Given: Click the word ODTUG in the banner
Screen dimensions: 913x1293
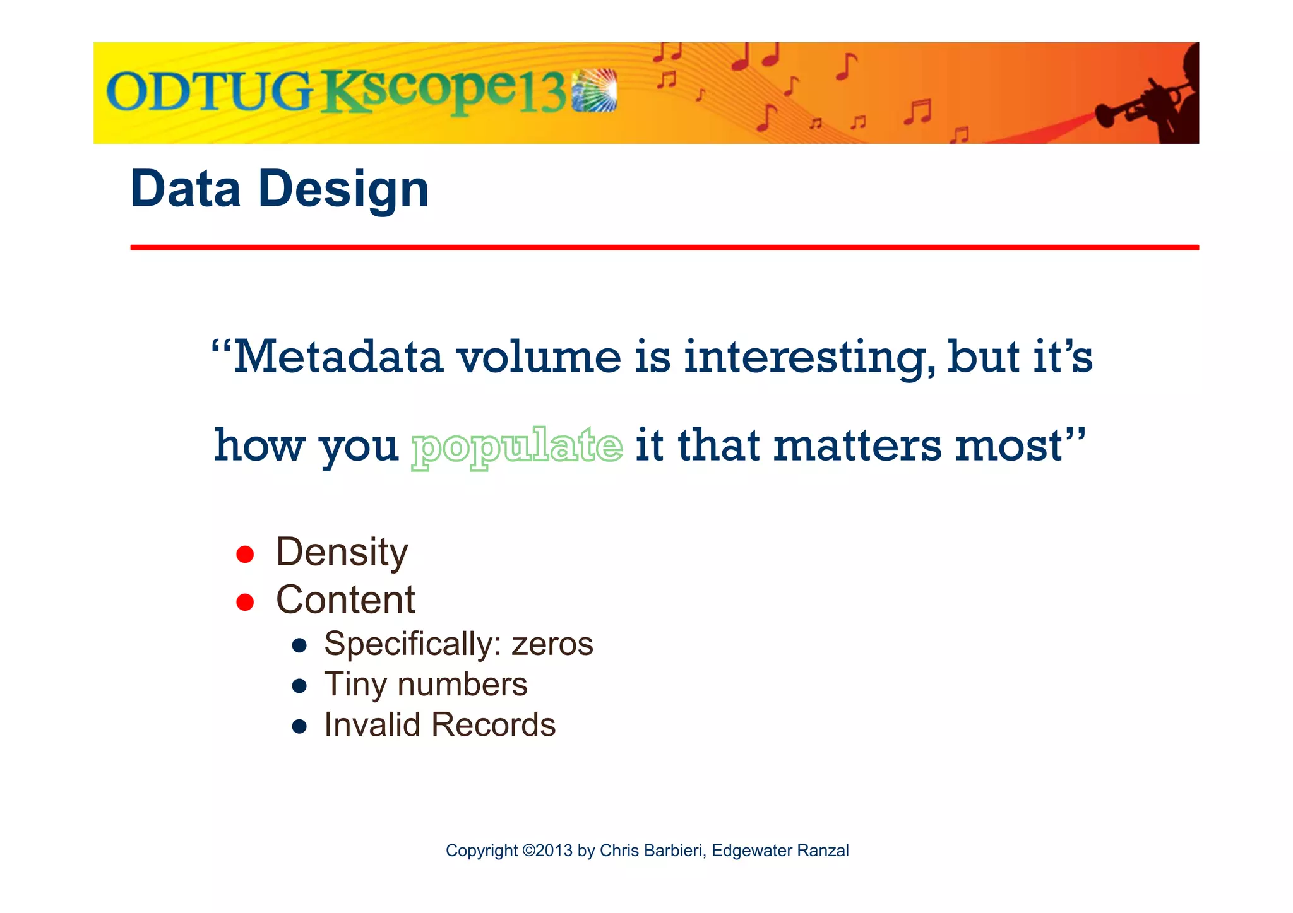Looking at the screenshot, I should [x=208, y=93].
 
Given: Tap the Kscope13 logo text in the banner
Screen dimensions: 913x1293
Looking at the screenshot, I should [x=445, y=93].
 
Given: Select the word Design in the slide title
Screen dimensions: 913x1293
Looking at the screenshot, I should [x=343, y=189].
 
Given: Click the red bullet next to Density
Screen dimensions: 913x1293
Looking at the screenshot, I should [x=245, y=555].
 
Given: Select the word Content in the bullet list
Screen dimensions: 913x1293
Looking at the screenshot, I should [x=345, y=599].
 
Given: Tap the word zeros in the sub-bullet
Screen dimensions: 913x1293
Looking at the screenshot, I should [x=552, y=644].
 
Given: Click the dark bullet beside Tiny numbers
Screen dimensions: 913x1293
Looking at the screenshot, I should [x=299, y=686].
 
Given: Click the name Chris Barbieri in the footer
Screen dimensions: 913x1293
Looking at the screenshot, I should [x=651, y=851].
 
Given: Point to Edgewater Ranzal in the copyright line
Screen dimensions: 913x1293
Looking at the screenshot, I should [x=780, y=851].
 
